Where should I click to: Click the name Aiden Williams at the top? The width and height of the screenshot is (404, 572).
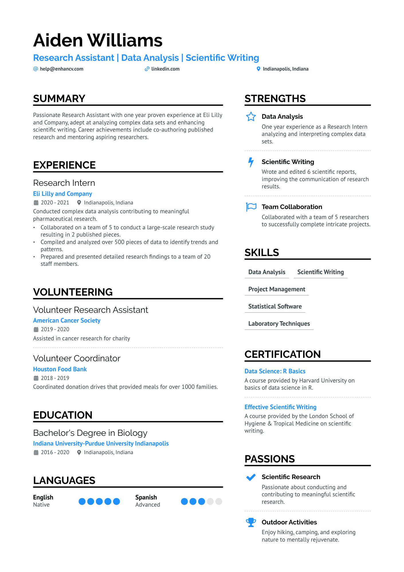98,40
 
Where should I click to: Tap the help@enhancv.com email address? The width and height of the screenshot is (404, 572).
61,69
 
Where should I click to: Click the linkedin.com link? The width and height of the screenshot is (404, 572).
165,69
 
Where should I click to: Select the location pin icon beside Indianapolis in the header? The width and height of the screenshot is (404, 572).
258,69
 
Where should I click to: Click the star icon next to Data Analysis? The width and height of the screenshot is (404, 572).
251,117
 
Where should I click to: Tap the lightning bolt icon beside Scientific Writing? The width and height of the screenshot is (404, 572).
251,162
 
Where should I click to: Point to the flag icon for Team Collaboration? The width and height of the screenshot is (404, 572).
251,207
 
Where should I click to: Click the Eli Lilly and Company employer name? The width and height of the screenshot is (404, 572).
62,194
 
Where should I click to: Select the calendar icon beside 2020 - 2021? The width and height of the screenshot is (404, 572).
36,203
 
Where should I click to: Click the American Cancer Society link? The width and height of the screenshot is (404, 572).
67,321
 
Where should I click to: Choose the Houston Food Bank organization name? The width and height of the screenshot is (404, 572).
60,369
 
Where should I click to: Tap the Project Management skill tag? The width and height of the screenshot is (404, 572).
276,289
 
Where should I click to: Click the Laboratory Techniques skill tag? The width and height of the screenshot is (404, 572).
279,324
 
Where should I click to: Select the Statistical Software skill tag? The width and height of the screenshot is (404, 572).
275,307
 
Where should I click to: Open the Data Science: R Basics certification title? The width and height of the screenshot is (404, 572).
275,371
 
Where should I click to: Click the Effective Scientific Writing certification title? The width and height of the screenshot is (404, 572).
280,407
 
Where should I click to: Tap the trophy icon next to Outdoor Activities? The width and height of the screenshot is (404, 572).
251,522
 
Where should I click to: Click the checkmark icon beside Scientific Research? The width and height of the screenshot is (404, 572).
251,477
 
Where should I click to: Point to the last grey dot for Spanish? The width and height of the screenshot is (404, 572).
219,501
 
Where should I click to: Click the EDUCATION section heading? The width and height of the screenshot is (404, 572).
63,415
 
